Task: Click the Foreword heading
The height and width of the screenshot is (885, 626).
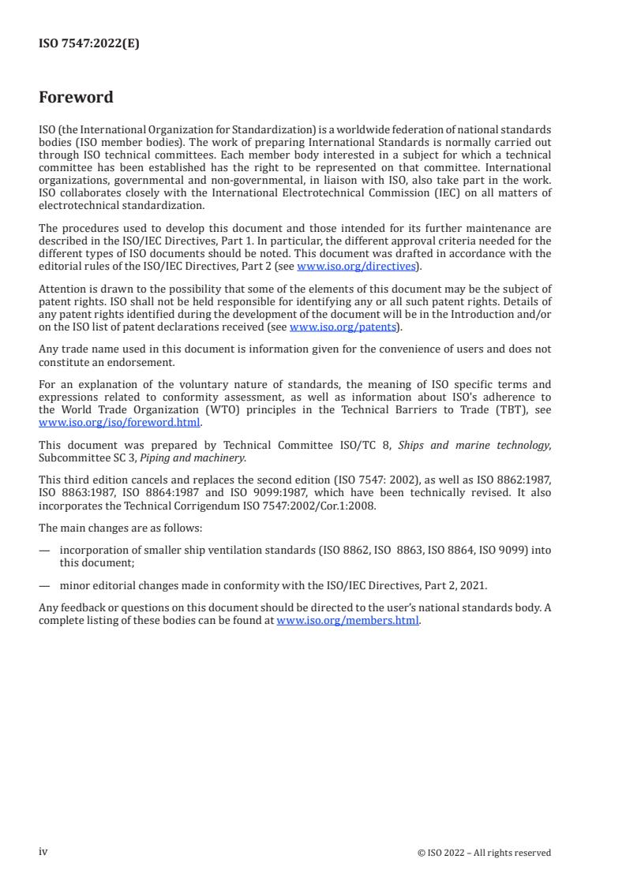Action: click(x=76, y=97)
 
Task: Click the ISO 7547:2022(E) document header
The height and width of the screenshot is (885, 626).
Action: click(x=88, y=44)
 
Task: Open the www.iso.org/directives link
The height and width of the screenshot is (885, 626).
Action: click(x=355, y=267)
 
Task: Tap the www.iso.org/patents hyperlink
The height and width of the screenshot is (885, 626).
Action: click(x=343, y=327)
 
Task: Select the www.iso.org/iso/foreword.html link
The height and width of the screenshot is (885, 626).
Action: click(x=120, y=422)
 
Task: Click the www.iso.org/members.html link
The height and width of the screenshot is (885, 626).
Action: click(x=348, y=621)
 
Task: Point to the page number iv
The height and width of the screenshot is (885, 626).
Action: click(x=43, y=851)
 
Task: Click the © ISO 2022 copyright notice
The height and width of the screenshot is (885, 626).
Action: click(x=484, y=852)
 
